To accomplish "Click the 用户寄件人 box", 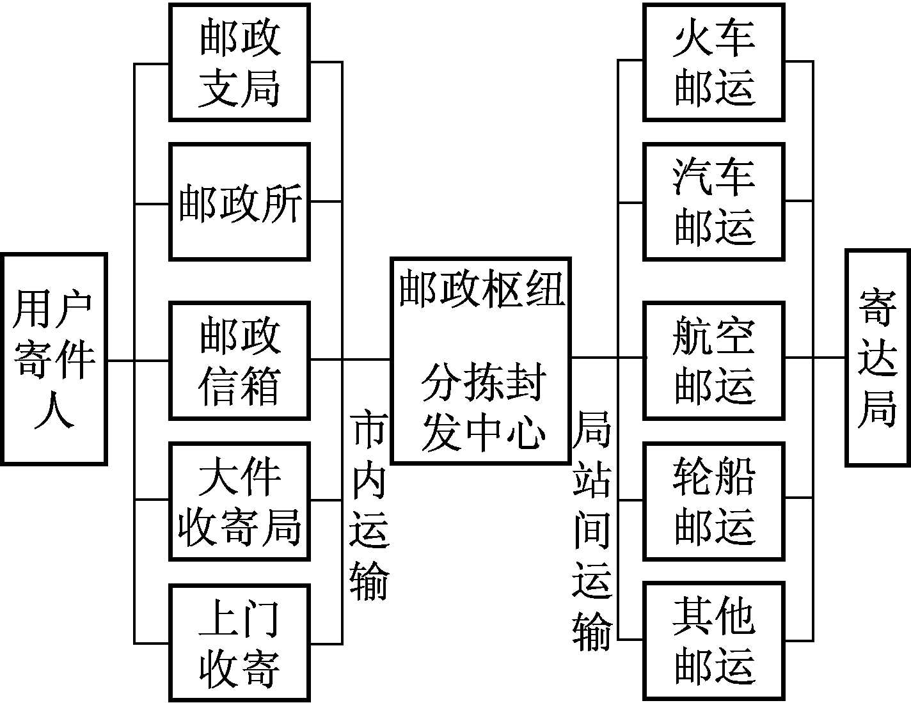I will click(54, 359).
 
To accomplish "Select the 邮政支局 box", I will click(239, 62).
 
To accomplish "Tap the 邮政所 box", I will click(239, 202).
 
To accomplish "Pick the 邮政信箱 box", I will click(239, 361).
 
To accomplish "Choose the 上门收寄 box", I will click(239, 642).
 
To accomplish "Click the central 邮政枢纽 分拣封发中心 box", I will click(480, 361).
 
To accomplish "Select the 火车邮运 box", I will click(713, 62).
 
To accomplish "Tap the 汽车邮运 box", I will click(713, 202).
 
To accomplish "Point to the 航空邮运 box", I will click(713, 361).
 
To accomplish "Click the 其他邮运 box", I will click(713, 641).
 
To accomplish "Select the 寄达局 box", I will click(877, 358).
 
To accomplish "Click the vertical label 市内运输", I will click(369, 505).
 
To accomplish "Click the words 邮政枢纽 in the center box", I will click(481, 289).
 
